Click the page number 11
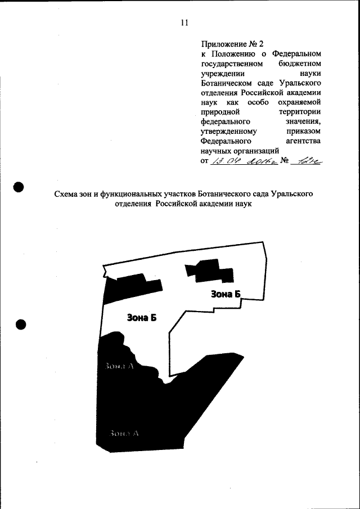(184, 23)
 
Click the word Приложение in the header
(223, 43)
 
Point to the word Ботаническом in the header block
(226, 84)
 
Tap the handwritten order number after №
(308, 161)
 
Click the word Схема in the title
(67, 194)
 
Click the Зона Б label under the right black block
(226, 294)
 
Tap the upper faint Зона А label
(119, 366)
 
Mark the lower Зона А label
(124, 433)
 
